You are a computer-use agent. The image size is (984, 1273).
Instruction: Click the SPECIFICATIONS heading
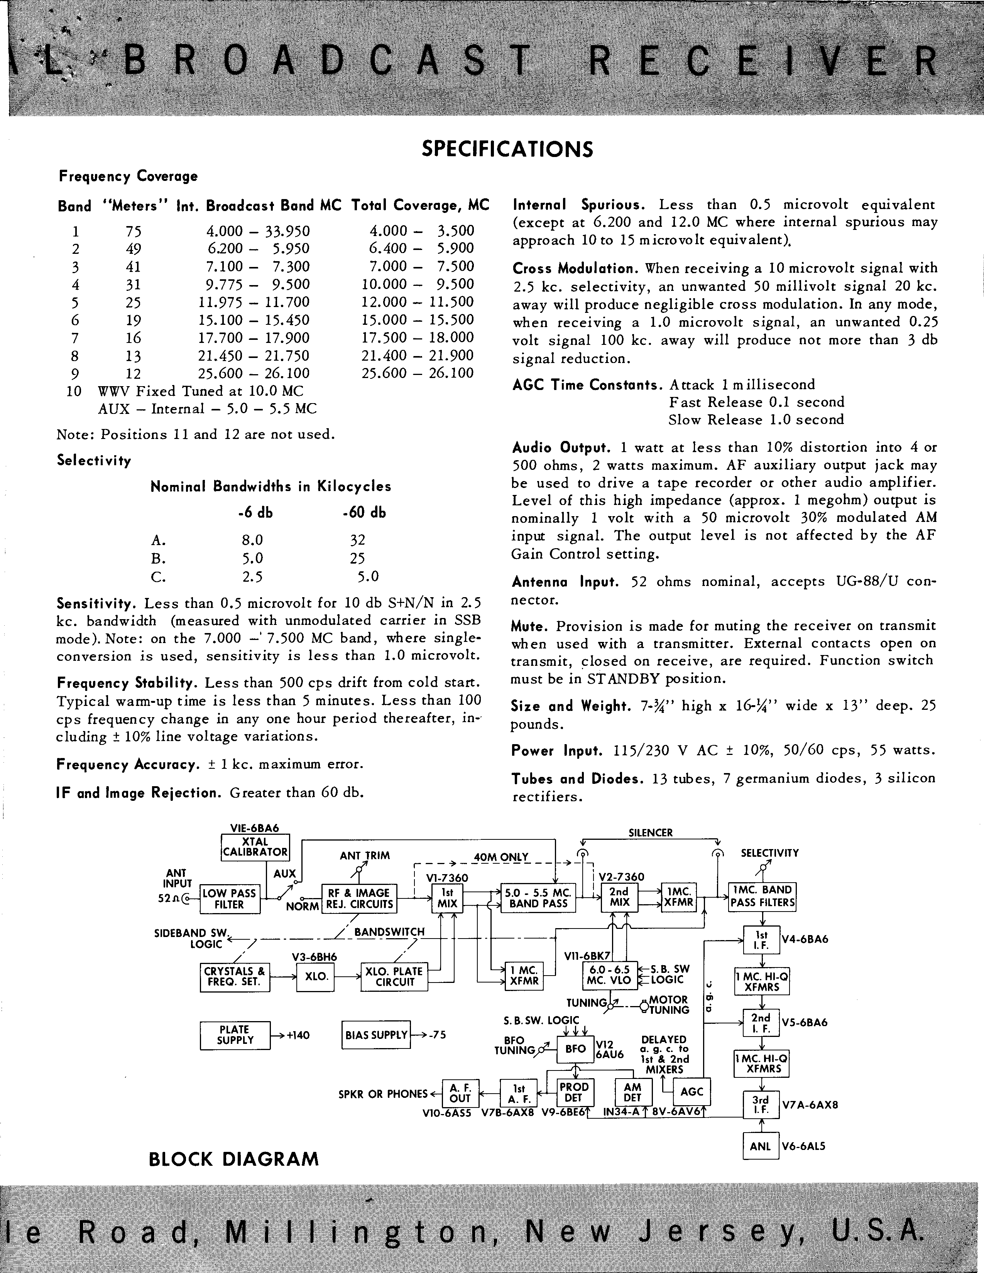click(x=507, y=149)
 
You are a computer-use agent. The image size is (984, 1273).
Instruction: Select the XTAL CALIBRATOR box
click(x=255, y=846)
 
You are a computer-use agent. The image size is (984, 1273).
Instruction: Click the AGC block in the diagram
click(x=692, y=1092)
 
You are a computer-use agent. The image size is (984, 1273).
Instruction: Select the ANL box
click(x=761, y=1146)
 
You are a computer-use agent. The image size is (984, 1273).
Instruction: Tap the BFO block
click(x=575, y=1048)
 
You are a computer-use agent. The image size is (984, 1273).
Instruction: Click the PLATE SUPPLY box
click(x=235, y=1035)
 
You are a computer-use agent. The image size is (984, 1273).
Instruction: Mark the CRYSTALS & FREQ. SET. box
click(x=234, y=976)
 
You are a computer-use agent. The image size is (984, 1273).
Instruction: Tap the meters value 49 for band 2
click(x=134, y=249)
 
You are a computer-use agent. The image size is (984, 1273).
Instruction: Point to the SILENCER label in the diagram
click(x=650, y=833)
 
